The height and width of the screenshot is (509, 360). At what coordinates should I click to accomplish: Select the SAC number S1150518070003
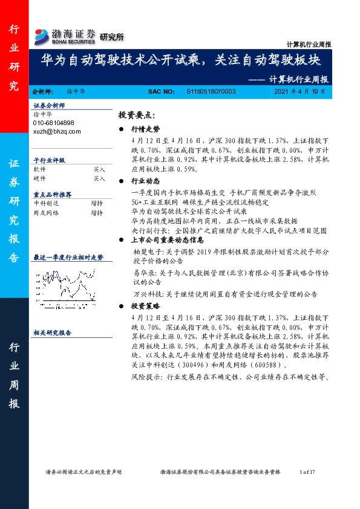[x=211, y=91]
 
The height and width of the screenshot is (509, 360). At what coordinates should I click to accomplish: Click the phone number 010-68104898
[x=54, y=123]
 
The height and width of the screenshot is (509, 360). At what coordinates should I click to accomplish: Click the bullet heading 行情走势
[x=145, y=129]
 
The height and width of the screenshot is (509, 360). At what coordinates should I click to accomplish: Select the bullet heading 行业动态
[x=145, y=181]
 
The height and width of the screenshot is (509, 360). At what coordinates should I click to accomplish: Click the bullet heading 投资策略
[x=145, y=307]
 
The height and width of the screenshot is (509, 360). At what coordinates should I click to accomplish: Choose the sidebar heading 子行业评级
[x=49, y=161]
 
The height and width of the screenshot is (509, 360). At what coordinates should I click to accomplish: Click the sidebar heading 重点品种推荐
[x=53, y=195]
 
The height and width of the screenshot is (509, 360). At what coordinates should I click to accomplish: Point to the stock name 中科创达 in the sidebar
[x=45, y=204]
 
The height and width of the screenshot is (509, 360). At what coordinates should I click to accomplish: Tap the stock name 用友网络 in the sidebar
[x=45, y=213]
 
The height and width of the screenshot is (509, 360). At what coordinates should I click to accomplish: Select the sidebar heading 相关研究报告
[x=53, y=332]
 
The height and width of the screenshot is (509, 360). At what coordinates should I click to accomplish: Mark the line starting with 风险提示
[x=230, y=377]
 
